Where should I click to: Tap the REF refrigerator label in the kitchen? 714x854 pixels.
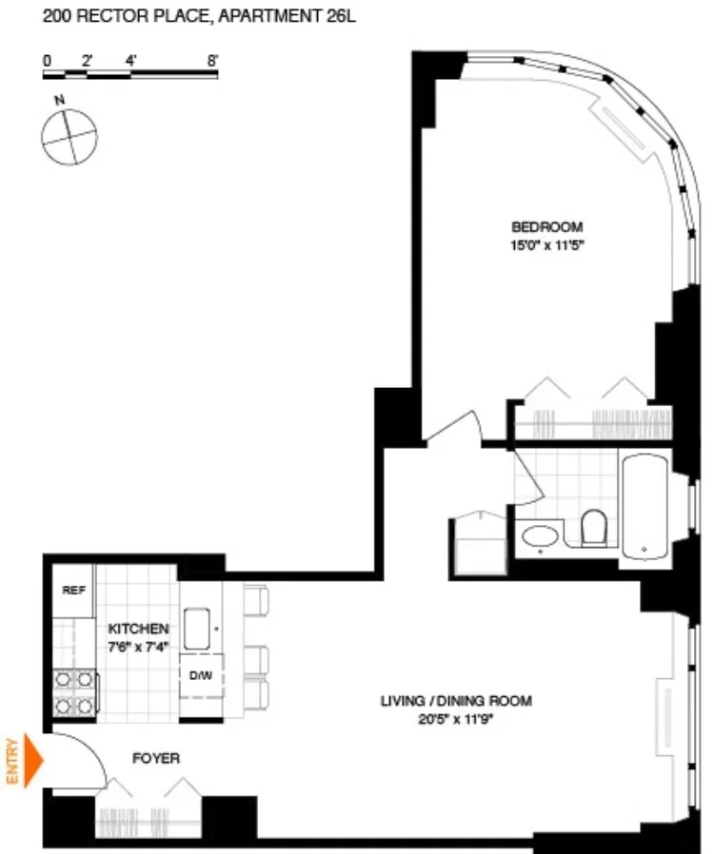pos(73,591)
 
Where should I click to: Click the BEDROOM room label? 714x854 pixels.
pos(546,227)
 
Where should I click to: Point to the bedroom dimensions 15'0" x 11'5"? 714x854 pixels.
pos(546,244)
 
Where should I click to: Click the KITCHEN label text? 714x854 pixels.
pos(139,630)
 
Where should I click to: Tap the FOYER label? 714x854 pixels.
pos(156,759)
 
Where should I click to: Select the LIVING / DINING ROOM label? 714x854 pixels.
pos(456,702)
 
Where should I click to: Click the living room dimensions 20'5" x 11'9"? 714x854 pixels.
pos(456,719)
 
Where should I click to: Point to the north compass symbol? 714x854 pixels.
pos(69,135)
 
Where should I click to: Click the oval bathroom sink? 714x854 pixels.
pos(541,534)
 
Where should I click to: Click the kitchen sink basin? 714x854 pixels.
pos(199,626)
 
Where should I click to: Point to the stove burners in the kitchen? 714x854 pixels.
pos(75,692)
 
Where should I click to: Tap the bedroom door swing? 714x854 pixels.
pos(453,429)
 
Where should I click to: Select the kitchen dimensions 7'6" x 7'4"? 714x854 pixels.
pos(139,647)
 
